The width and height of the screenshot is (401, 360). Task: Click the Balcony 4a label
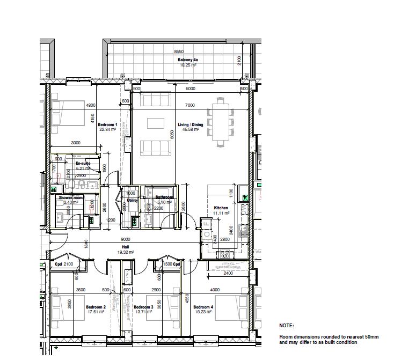coord(188,60)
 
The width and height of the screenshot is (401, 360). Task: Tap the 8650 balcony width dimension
coord(179,52)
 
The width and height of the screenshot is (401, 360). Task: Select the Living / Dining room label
coord(191,124)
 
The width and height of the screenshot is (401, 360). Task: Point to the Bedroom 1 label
coord(107,124)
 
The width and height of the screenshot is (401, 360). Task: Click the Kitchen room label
coord(221,208)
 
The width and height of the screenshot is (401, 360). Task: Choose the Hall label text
coord(125,247)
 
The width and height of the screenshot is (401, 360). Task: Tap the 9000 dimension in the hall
coord(125,239)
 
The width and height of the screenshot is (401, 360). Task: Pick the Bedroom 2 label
coord(96,307)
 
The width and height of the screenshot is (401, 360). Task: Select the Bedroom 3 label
coord(143,307)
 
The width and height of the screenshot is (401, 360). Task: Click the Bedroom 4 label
coord(204,307)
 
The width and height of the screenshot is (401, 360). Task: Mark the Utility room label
coord(133,200)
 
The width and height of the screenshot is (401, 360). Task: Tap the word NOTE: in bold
coord(286,325)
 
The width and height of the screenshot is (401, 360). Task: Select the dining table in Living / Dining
coord(222,122)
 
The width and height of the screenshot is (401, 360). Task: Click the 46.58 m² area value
coord(191,129)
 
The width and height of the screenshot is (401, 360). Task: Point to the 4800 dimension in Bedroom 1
coord(91,105)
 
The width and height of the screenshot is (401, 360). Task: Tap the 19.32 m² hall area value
coord(125,252)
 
